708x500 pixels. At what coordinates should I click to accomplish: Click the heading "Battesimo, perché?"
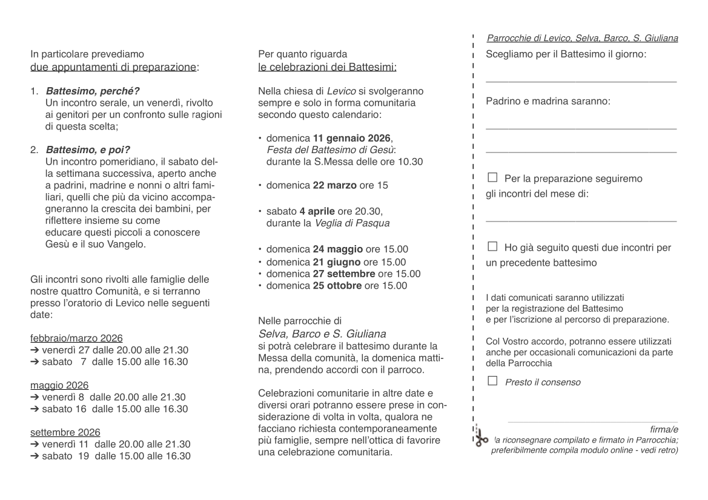(x=93, y=91)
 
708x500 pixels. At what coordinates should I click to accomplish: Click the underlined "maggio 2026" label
(x=59, y=385)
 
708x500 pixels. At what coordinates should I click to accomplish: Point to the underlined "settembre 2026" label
(x=65, y=432)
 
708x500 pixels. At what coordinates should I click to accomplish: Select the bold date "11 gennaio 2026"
(x=352, y=138)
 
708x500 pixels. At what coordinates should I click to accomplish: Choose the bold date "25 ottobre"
(x=337, y=286)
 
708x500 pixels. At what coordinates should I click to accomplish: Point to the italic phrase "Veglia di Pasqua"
(x=352, y=223)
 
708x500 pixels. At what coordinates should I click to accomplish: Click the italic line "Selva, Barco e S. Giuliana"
(x=322, y=334)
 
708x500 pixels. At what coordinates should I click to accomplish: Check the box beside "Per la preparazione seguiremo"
(x=492, y=178)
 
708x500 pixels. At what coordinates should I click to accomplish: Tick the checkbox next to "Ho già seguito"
(x=492, y=246)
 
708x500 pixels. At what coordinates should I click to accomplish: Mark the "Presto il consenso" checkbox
(x=492, y=381)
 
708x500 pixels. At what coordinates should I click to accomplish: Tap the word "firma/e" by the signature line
(x=664, y=429)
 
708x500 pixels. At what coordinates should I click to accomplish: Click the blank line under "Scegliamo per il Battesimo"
(x=581, y=81)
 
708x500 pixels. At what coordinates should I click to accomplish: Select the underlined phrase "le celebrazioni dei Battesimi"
(x=327, y=67)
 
